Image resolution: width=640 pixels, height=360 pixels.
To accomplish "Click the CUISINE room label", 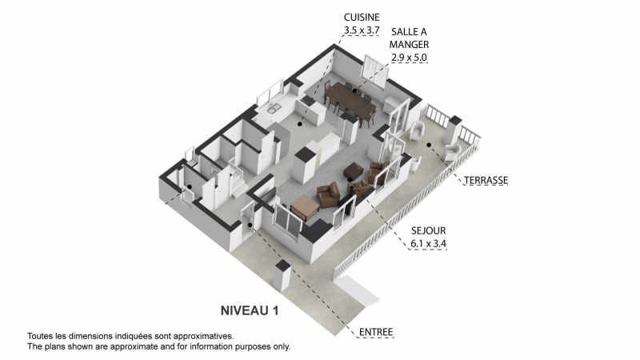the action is point(362,18).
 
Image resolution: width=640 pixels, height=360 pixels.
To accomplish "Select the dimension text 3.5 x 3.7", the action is point(362,30).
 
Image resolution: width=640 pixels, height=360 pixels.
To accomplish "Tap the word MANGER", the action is point(409,45).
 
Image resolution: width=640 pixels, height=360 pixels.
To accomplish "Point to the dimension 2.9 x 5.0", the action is point(409,58).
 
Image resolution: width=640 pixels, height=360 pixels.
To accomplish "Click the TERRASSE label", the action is point(486,181).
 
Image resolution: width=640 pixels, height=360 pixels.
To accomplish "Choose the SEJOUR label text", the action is point(428,230).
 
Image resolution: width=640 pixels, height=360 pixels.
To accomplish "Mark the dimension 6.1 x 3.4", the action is point(428,244).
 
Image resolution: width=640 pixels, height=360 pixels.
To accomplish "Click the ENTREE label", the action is point(376,332).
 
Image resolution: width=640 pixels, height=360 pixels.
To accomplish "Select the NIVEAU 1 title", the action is point(250,310).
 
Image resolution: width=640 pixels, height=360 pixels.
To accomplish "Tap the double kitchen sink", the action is point(274,108).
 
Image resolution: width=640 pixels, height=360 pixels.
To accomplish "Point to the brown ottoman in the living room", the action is point(354,170).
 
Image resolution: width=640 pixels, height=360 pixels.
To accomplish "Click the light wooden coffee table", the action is point(306,206).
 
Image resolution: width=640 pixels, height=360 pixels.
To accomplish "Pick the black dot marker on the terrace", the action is point(429,145).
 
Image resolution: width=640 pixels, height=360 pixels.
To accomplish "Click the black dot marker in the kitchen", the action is point(300,124).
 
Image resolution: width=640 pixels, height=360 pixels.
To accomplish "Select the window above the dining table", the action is point(374,71).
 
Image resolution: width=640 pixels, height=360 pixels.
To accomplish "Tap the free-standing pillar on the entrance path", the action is point(282,276).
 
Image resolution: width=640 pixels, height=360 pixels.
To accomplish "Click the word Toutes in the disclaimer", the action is point(39,336).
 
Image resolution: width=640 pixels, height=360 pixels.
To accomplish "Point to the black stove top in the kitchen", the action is point(308,101).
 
